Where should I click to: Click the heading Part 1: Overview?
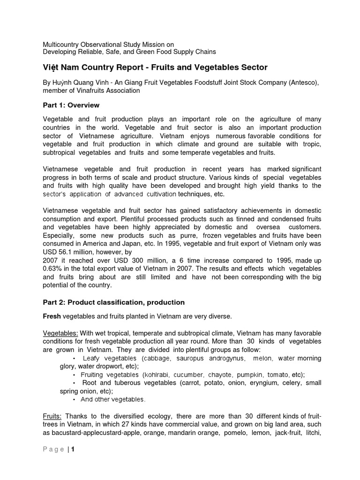(x=71, y=105)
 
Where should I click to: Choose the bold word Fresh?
(x=52, y=317)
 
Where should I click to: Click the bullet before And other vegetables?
(x=75, y=400)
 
